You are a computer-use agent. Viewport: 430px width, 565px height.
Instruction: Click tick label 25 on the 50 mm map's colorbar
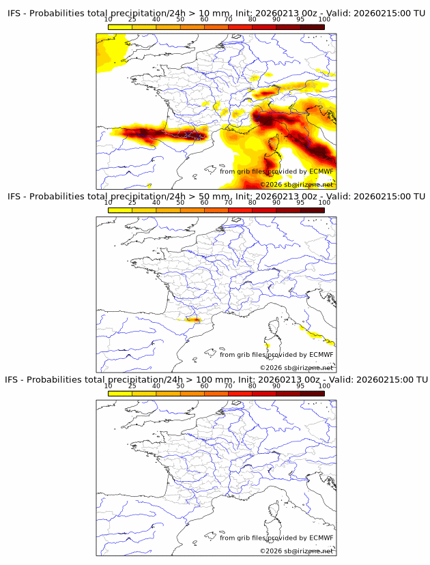pyautogui.click(x=132, y=203)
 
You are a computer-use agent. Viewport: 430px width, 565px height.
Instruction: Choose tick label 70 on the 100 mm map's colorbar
pyautogui.click(x=228, y=386)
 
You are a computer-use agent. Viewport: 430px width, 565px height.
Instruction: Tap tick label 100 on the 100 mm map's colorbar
pyautogui.click(x=324, y=386)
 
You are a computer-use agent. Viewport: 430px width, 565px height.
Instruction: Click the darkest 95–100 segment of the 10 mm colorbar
pyautogui.click(x=312, y=27)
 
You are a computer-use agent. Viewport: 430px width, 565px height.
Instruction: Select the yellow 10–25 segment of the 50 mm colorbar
pyautogui.click(x=120, y=209)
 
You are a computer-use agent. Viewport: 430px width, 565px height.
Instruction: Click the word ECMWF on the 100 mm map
pyautogui.click(x=321, y=538)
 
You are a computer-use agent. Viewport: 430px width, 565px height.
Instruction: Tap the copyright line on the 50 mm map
pyautogui.click(x=296, y=368)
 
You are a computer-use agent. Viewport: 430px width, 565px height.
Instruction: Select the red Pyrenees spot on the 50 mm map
pyautogui.click(x=196, y=319)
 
